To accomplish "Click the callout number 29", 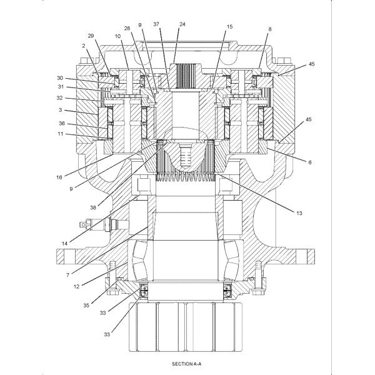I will coord(91,37).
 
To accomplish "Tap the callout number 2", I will coord(82,46).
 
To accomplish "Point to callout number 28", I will coord(127,28).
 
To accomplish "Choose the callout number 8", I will coord(270,29).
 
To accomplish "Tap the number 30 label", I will coord(60,78).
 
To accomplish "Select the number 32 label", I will coord(60,99).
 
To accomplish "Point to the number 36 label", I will coord(60,124).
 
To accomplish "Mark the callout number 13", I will coord(299,213).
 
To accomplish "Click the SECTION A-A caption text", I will coord(187,363).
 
